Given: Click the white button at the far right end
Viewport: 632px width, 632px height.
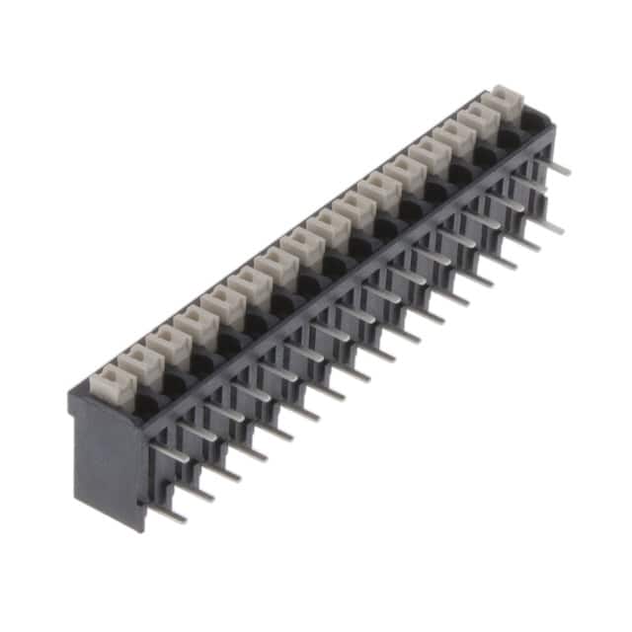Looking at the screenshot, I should (507, 99).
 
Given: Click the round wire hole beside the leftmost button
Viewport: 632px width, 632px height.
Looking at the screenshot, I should (144, 400).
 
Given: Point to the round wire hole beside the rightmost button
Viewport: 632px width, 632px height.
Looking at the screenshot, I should (532, 120).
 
